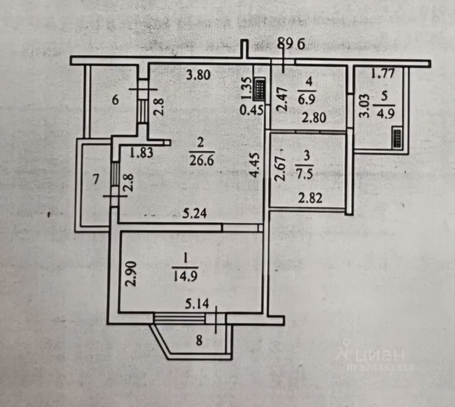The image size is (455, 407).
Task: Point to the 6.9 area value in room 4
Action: click(x=307, y=99)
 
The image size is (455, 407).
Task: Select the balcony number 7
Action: click(x=96, y=179)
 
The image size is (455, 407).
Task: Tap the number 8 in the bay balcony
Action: click(x=199, y=340)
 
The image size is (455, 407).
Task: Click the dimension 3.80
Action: click(x=199, y=75)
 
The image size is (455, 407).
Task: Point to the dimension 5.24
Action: click(x=195, y=214)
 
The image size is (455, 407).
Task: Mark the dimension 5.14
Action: click(x=197, y=304)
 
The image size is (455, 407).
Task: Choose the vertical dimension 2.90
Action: click(x=131, y=273)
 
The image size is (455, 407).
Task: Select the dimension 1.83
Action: click(x=141, y=153)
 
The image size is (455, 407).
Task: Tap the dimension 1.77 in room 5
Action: click(x=383, y=73)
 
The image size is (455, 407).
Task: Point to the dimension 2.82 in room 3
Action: click(x=310, y=198)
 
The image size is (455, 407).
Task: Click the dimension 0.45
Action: click(x=251, y=110)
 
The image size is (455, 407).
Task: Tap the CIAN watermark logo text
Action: click(x=370, y=355)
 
